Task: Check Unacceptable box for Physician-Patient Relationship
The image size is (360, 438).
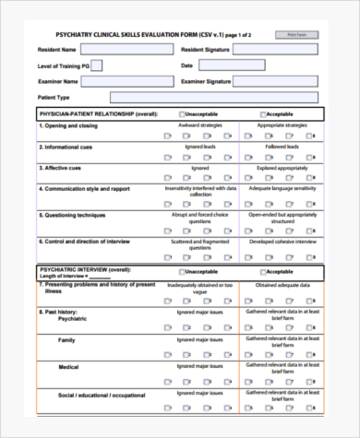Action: (182, 113)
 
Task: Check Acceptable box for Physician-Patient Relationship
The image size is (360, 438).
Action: (263, 113)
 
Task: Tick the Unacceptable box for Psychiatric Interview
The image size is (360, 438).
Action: (182, 272)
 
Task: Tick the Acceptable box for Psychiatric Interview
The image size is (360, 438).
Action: (263, 272)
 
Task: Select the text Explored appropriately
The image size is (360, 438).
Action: (282, 168)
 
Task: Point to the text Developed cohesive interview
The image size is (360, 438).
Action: (282, 241)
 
